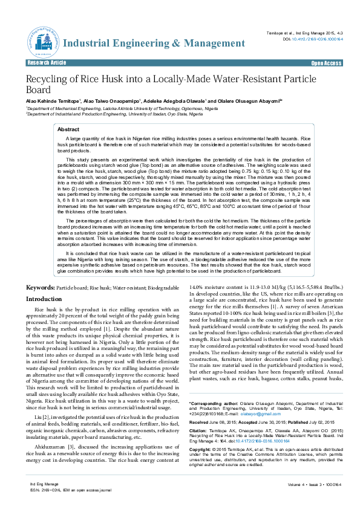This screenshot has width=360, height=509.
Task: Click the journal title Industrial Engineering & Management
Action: point(146,44)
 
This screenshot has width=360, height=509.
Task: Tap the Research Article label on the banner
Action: point(47,63)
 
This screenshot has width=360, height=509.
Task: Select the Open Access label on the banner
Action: point(326,63)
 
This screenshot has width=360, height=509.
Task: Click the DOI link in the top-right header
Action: point(317,38)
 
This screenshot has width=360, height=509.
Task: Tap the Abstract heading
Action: point(68,129)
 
